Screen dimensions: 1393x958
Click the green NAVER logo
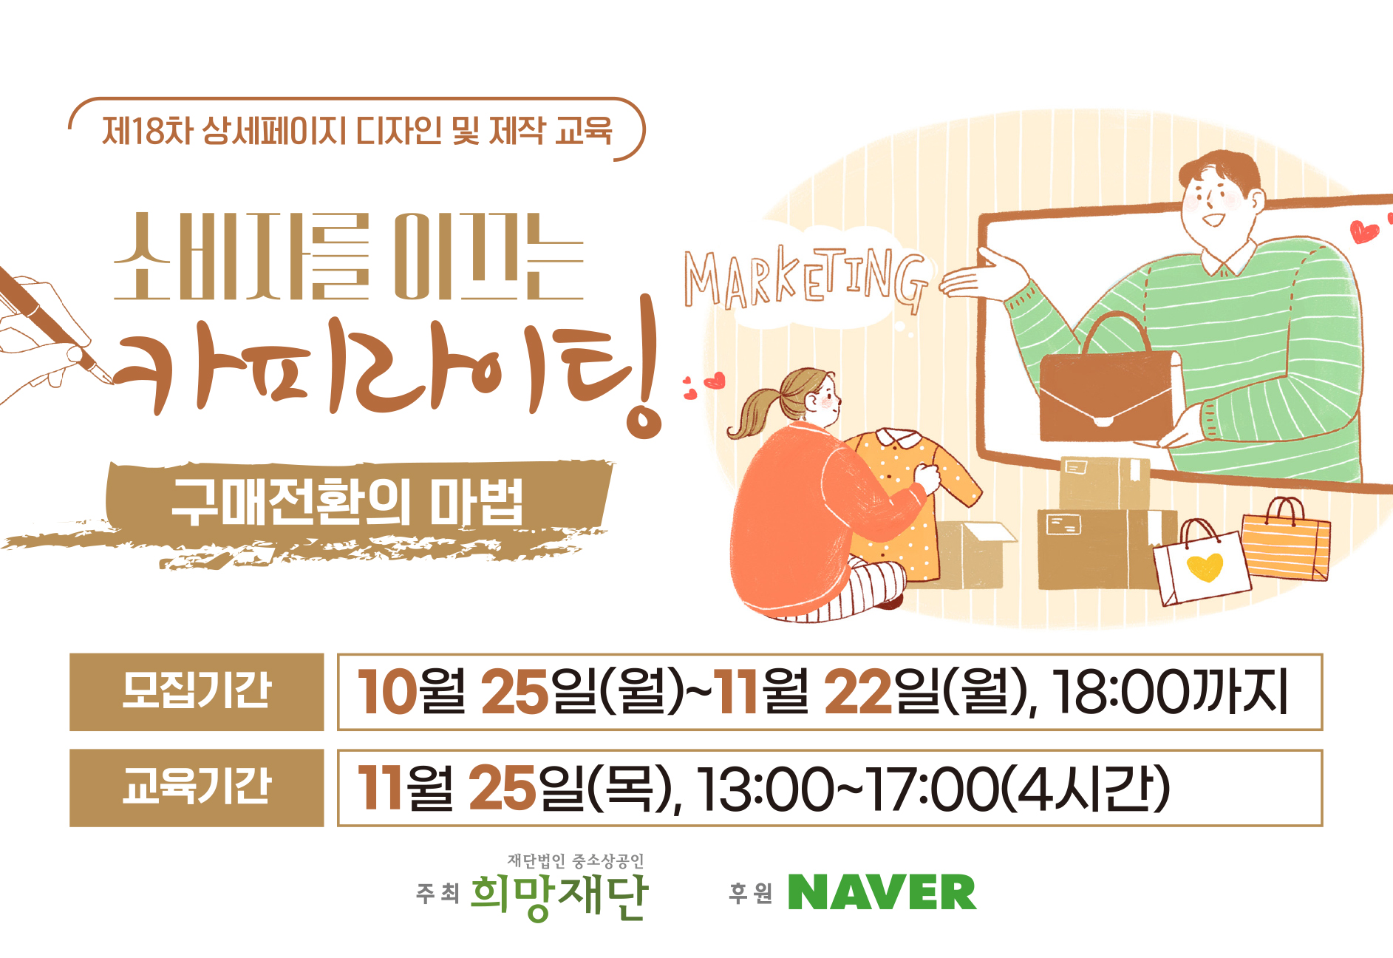tap(882, 892)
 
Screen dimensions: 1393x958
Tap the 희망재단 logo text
tap(559, 897)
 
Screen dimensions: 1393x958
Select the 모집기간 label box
tap(197, 692)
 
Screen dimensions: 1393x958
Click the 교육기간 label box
tap(197, 787)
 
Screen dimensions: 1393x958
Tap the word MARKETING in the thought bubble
tap(805, 279)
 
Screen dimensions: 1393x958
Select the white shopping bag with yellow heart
tap(1200, 563)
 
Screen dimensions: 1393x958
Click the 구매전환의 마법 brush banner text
tap(348, 502)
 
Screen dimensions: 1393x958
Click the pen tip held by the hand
tap(110, 381)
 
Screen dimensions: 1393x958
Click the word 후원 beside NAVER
tap(750, 894)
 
